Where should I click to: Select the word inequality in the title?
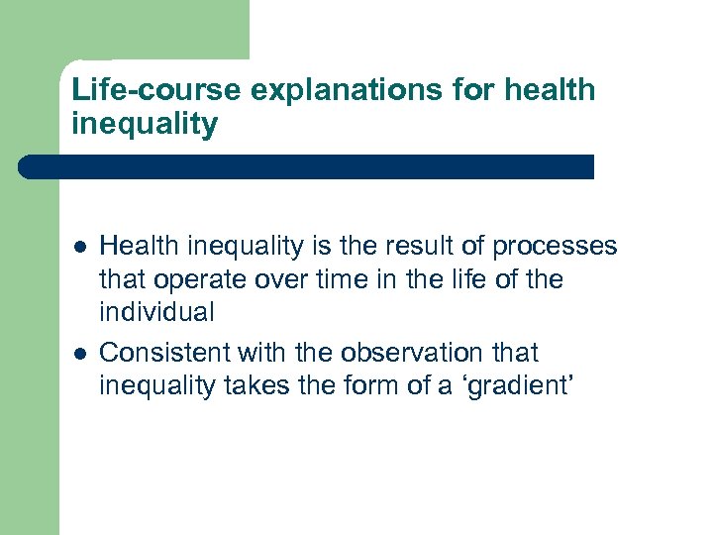pyautogui.click(x=145, y=125)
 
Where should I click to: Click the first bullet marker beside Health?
pyautogui.click(x=80, y=246)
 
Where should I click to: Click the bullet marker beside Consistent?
pyautogui.click(x=80, y=353)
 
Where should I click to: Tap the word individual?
pyautogui.click(x=156, y=313)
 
